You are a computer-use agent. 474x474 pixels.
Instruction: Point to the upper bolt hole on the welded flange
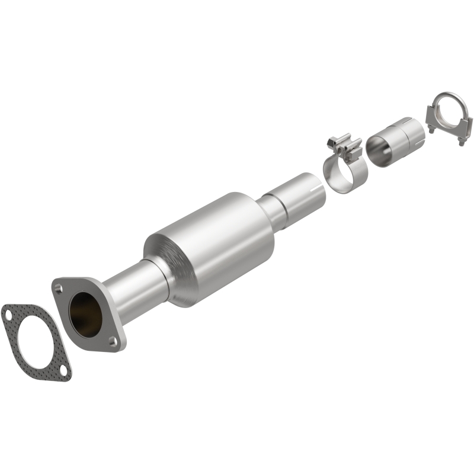(58, 288)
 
